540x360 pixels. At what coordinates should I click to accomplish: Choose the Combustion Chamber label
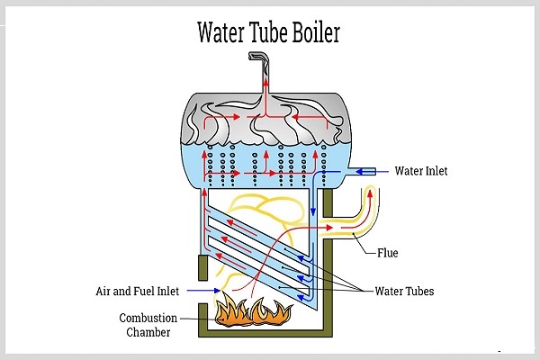[x=152, y=325]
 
